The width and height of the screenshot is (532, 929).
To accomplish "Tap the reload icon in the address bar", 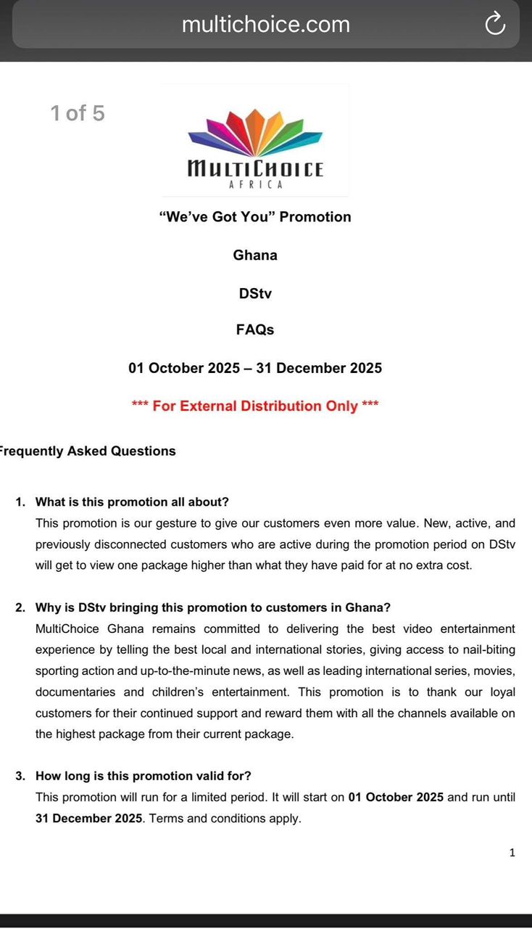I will pos(494,24).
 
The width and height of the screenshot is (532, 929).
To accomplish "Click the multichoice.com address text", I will pos(265,25).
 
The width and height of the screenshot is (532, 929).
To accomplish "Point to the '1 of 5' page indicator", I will pos(78,113).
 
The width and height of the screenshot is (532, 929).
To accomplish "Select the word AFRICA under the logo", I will pos(255,184).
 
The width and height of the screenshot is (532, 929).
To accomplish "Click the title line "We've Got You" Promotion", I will pos(255,217).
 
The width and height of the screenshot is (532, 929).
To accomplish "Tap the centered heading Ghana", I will pos(255,255).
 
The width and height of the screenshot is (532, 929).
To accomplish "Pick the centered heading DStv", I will pos(255,294).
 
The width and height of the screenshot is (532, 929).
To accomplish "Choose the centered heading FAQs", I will pos(255,330).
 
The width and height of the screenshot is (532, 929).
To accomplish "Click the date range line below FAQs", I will pos(255,368).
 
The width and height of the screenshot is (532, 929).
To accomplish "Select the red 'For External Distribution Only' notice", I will pos(255,406).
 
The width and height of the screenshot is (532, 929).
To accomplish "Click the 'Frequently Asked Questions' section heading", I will pos(87,451).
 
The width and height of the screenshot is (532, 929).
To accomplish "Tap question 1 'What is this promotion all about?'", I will pos(132,502).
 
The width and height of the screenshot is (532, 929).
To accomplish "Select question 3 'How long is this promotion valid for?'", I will pos(143,776).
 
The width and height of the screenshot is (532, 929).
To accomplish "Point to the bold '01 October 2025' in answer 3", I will pos(396,797).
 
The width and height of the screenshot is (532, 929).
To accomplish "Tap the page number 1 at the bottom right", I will pos(512,853).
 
